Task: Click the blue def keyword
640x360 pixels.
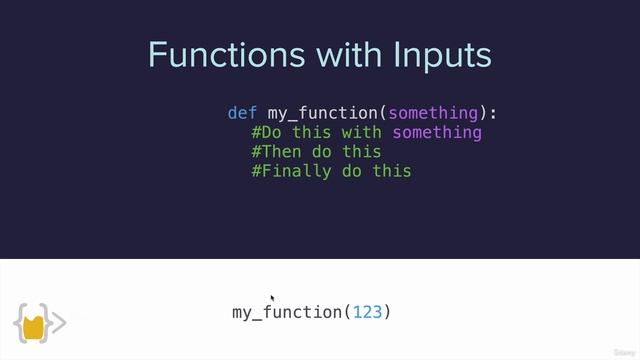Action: click(x=242, y=113)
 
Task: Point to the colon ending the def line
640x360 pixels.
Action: click(x=492, y=113)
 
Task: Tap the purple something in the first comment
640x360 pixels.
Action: click(x=437, y=133)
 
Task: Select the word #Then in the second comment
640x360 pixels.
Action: click(x=277, y=152)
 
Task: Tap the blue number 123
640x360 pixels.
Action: click(x=367, y=312)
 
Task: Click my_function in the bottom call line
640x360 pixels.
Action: click(x=287, y=312)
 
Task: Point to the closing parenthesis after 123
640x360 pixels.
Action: click(x=387, y=312)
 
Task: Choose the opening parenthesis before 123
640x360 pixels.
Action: click(x=347, y=312)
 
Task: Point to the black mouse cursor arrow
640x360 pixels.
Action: click(x=273, y=298)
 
